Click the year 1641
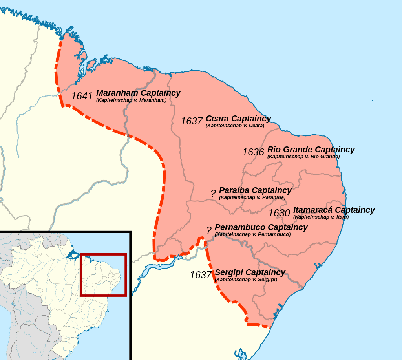(x=82, y=96)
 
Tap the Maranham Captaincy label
(x=138, y=93)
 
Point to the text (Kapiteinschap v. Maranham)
(x=131, y=100)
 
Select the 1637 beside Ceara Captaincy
(x=192, y=121)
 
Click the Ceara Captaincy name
(x=238, y=119)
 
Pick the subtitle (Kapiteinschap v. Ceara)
(x=235, y=126)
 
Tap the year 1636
(x=253, y=152)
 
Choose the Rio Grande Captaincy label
(x=311, y=150)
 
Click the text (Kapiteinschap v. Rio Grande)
(x=303, y=157)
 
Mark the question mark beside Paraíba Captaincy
(x=213, y=193)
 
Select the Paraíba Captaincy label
(x=255, y=190)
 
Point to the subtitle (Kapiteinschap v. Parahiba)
(x=252, y=197)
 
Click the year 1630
(x=279, y=213)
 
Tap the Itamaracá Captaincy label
(x=334, y=210)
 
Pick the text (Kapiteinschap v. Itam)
(x=321, y=217)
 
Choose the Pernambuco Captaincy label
(x=261, y=227)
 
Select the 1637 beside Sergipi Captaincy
(x=201, y=275)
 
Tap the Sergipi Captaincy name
(x=250, y=272)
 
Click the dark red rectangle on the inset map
(x=103, y=254)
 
